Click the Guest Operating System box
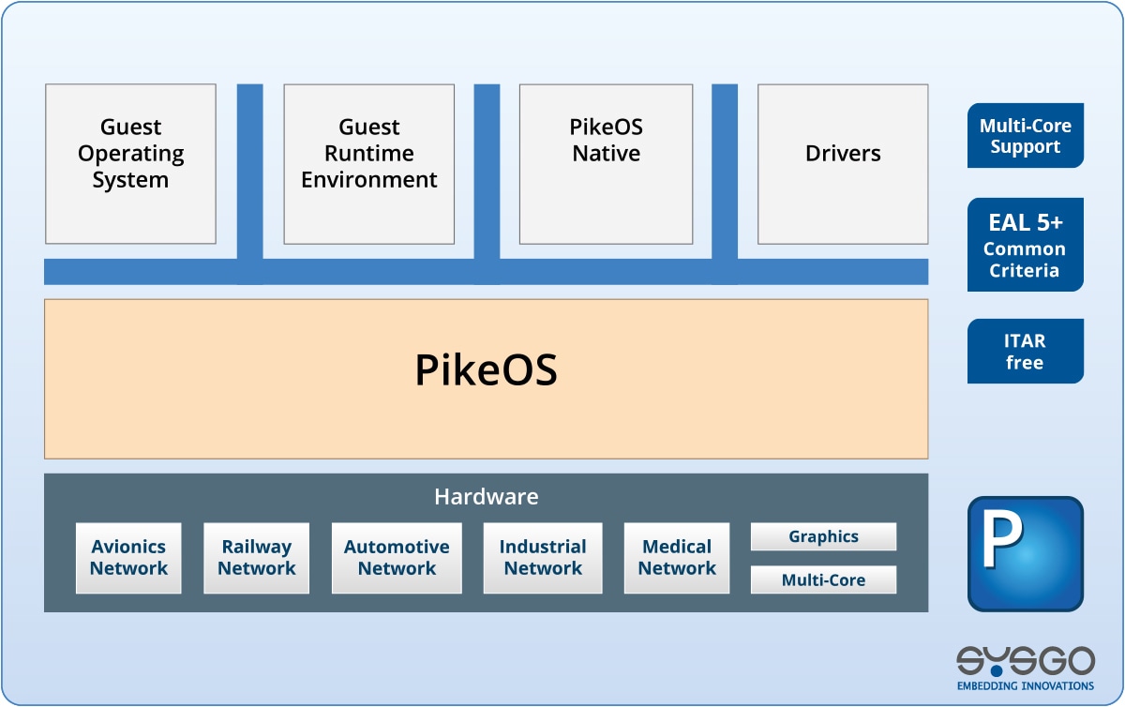pyautogui.click(x=130, y=164)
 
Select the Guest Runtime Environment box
pyautogui.click(x=368, y=164)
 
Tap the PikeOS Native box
pyautogui.click(x=606, y=164)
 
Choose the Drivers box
pyautogui.click(x=843, y=164)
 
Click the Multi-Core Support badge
pyautogui.click(x=1025, y=136)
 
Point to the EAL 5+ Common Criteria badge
pyautogui.click(x=1025, y=245)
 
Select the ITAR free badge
pyautogui.click(x=1025, y=352)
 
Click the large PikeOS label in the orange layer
pyautogui.click(x=486, y=371)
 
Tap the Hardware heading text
pyautogui.click(x=486, y=497)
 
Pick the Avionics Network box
pyautogui.click(x=128, y=558)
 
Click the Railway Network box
pyautogui.click(x=256, y=558)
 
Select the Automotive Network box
pyautogui.click(x=397, y=558)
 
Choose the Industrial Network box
pyautogui.click(x=543, y=558)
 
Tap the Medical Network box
pyautogui.click(x=677, y=558)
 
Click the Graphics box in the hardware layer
pyautogui.click(x=823, y=536)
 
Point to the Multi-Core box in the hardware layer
pyautogui.click(x=823, y=580)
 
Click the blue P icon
pyautogui.click(x=1025, y=554)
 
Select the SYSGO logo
pyautogui.click(x=1025, y=662)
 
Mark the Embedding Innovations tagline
pyautogui.click(x=1025, y=686)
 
